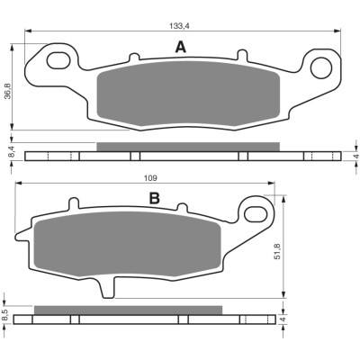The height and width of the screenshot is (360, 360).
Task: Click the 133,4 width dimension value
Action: point(180,26)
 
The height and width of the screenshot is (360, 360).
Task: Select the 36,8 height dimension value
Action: point(8,91)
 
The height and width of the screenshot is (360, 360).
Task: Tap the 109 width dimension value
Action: point(150,178)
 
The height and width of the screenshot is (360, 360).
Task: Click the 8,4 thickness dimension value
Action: point(8,151)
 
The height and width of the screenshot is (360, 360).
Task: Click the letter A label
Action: point(180,47)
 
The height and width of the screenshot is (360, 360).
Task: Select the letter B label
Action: point(155,198)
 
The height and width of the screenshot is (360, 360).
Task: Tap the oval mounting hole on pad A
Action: point(58,59)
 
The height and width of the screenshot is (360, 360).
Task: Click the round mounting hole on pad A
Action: point(321,67)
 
